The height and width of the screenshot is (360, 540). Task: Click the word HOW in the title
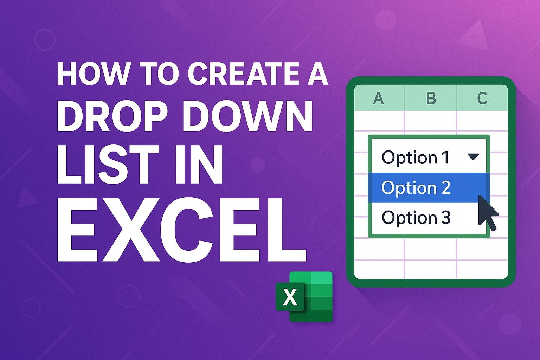92,74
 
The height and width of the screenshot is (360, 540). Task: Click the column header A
378,98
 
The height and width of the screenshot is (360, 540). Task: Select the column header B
431,98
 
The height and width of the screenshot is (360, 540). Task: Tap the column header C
482,98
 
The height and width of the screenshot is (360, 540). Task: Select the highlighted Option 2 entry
416,187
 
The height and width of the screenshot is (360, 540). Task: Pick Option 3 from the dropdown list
416,218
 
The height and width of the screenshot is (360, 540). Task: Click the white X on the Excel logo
290,297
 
